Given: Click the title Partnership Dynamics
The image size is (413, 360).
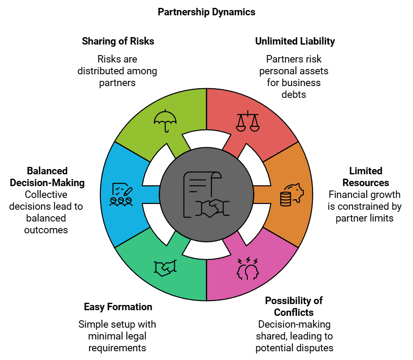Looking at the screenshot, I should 206,12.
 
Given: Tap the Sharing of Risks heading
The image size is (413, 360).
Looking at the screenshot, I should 118,42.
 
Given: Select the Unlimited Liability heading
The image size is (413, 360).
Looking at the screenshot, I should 295,42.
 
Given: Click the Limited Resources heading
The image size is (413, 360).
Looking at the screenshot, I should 365,177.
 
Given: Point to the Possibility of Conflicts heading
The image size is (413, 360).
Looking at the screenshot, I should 293,306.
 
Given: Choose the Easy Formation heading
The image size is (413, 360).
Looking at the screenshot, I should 118,307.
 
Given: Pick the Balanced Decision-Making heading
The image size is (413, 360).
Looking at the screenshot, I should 47,177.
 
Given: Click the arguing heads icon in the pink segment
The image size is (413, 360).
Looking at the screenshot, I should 247,268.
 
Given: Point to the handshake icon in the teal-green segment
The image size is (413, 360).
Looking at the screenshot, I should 165,267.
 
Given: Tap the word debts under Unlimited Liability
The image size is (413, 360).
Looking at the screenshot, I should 294,94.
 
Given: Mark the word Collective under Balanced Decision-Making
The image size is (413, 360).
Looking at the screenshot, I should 45,194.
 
